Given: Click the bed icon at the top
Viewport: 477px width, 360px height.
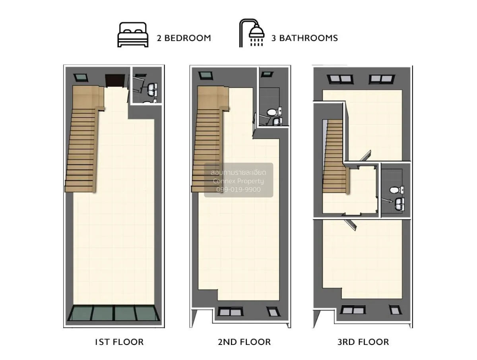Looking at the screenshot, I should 133,35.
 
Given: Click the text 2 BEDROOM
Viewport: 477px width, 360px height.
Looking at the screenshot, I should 184,38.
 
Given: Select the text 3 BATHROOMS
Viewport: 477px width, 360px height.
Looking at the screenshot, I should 304,38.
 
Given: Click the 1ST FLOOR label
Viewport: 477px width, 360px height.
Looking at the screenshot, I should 119,342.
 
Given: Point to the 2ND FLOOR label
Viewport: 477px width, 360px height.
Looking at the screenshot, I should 244,342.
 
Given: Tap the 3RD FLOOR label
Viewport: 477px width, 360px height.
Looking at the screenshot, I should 363,342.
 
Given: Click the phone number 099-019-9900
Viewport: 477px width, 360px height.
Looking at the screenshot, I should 238,190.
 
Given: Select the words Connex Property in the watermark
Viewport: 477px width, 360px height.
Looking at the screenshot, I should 238,181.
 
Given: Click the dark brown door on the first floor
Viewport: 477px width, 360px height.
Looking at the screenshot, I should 114,80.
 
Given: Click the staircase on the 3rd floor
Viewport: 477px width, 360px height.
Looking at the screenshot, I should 333,159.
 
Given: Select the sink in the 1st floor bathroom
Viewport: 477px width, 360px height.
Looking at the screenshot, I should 153,88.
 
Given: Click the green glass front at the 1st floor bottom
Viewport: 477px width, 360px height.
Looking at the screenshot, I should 114,313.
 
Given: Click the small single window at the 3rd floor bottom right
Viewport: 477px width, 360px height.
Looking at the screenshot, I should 394,310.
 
